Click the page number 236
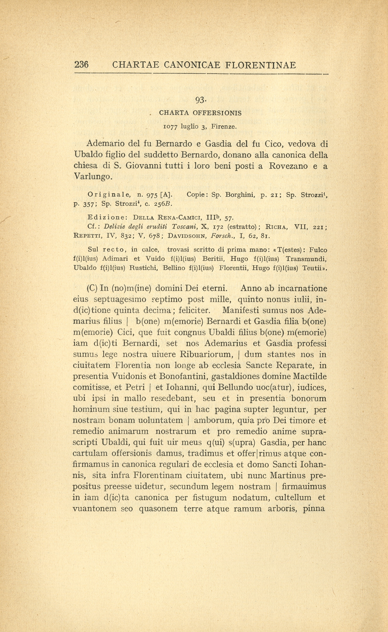click(x=81, y=65)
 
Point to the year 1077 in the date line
click(x=170, y=127)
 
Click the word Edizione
click(x=108, y=217)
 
